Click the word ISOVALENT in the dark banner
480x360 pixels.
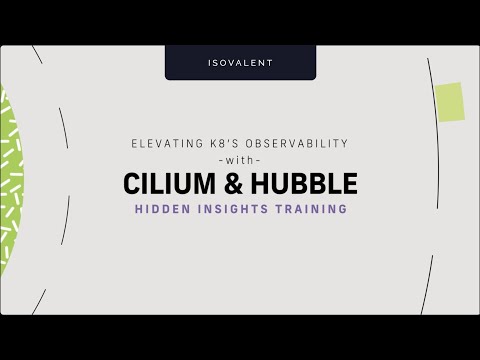[240, 63]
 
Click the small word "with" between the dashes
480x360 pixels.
[240, 160]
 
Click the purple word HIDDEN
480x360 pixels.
[163, 210]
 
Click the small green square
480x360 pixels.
[449, 101]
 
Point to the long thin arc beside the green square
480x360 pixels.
[437, 180]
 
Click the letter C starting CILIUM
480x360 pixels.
[133, 185]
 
